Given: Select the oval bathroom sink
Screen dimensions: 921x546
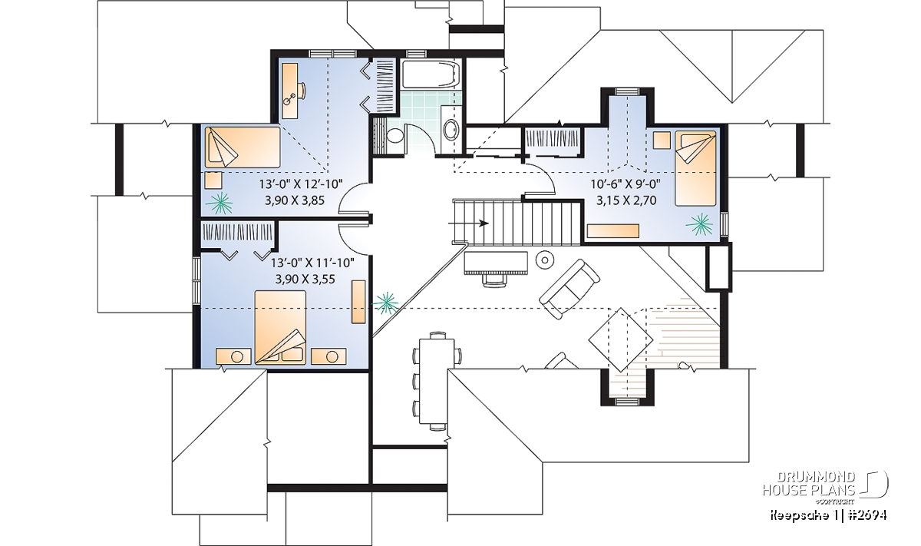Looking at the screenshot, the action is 451,129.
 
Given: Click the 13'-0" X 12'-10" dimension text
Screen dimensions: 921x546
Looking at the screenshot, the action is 301,184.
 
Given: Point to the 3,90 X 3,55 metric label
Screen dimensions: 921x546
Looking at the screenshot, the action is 305,280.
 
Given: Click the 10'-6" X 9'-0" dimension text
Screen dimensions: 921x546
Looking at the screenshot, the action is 626,184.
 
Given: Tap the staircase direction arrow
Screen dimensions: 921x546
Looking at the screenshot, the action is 468,223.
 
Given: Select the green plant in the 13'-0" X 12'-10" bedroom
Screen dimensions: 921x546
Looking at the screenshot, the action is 219,203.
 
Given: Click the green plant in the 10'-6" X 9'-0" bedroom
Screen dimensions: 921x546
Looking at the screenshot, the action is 699,224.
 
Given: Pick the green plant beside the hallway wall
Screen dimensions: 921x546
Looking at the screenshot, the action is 385,303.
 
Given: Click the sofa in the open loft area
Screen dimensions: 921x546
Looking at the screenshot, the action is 569,289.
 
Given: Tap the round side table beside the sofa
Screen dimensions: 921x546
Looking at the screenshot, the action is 545,260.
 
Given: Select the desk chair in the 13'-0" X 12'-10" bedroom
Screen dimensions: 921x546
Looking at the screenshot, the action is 302,91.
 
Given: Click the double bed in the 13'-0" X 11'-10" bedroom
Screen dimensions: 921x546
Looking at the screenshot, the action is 280,327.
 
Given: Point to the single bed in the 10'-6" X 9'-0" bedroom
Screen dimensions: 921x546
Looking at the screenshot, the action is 695,168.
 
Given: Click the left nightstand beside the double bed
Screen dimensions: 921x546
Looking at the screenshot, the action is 233,356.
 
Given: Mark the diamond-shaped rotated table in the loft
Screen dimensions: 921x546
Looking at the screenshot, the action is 620,340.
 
